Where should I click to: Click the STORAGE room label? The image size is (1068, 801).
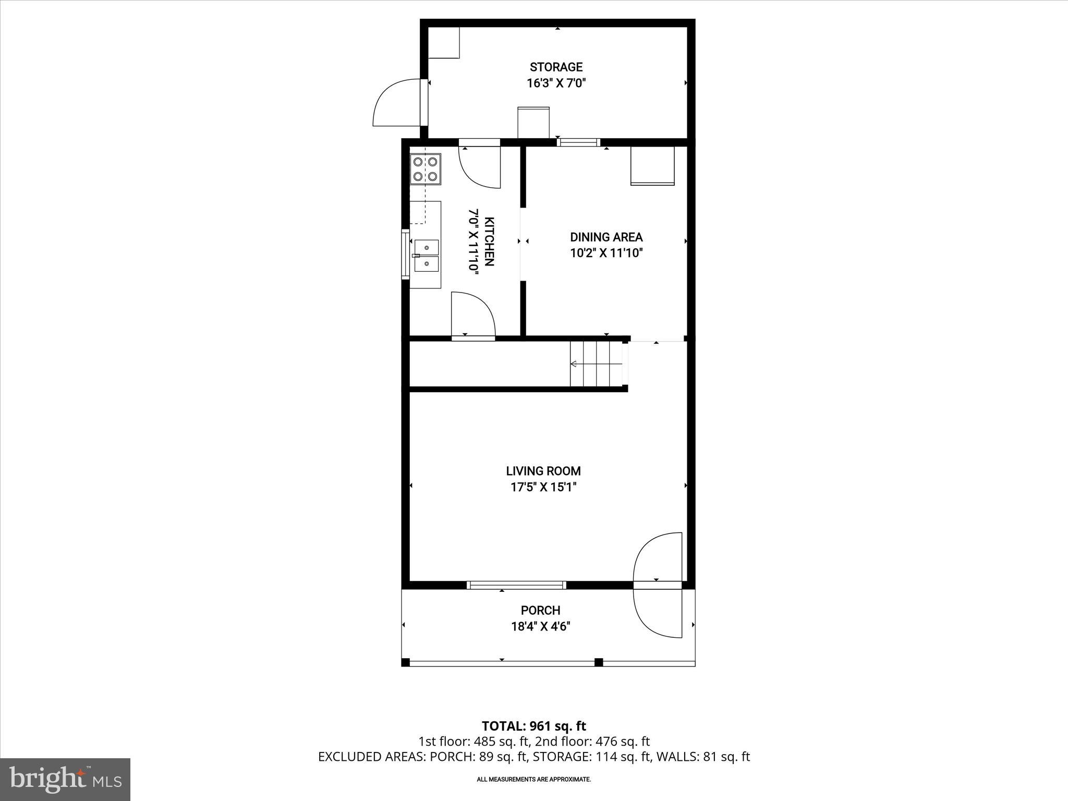pyautogui.click(x=556, y=67)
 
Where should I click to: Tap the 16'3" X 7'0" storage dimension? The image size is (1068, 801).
pyautogui.click(x=556, y=83)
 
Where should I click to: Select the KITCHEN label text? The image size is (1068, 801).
pyautogui.click(x=489, y=241)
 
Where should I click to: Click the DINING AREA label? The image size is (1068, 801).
pyautogui.click(x=606, y=237)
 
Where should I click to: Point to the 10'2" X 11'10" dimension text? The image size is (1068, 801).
pyautogui.click(x=606, y=253)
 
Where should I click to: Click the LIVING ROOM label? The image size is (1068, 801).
pyautogui.click(x=543, y=471)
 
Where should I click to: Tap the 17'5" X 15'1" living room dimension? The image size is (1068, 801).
pyautogui.click(x=543, y=487)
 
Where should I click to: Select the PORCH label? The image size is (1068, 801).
pyautogui.click(x=540, y=610)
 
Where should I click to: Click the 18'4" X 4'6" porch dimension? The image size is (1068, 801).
pyautogui.click(x=540, y=626)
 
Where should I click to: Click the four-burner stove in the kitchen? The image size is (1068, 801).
pyautogui.click(x=425, y=169)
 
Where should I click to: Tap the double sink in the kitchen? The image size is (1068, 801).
pyautogui.click(x=427, y=256)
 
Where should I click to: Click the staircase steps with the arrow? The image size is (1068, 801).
pyautogui.click(x=596, y=363)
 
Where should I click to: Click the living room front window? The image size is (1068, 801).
pyautogui.click(x=516, y=585)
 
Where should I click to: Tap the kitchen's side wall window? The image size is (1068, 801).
pyautogui.click(x=405, y=254)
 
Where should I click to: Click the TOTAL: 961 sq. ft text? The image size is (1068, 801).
pyautogui.click(x=533, y=726)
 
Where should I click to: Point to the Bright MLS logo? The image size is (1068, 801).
pyautogui.click(x=65, y=780)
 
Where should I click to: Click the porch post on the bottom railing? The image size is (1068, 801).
pyautogui.click(x=599, y=662)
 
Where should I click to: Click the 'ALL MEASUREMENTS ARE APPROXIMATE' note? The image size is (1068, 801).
pyautogui.click(x=533, y=780)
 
